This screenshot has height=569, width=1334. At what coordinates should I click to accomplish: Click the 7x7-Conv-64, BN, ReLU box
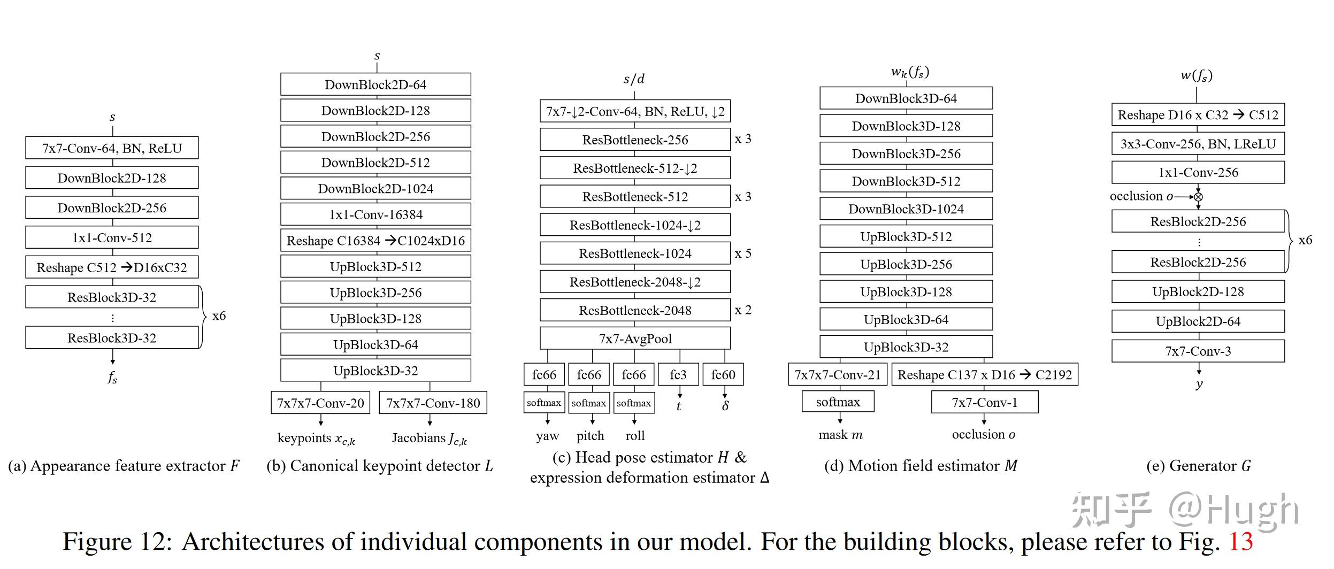[x=112, y=148]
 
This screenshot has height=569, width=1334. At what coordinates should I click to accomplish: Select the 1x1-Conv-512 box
[x=112, y=237]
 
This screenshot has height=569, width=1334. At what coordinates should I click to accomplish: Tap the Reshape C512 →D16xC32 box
[x=112, y=267]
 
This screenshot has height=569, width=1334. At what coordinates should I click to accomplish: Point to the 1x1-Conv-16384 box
[x=375, y=214]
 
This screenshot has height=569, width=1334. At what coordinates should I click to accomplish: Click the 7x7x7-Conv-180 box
[x=433, y=403]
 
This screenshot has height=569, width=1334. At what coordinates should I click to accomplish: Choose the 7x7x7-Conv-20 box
[x=320, y=403]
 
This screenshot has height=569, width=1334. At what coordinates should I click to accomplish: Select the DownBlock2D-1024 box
[x=375, y=188]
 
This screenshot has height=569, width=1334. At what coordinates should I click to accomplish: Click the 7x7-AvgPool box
[x=635, y=339]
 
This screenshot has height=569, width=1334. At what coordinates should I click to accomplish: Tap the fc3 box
[x=678, y=374]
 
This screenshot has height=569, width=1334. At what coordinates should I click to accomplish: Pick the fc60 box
[x=723, y=374]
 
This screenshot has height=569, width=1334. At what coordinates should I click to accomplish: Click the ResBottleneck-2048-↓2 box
[x=635, y=282]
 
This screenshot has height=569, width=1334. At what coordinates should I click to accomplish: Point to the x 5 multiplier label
[x=743, y=253]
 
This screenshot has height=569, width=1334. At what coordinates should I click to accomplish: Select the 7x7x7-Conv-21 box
[x=838, y=374]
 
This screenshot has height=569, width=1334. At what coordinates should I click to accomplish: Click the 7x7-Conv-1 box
[x=984, y=402]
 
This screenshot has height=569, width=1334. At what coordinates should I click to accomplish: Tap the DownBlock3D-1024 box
[x=906, y=209]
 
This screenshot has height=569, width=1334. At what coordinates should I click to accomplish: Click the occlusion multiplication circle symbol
[x=1198, y=197]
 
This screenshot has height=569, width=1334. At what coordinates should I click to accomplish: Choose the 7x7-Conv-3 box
[x=1198, y=351]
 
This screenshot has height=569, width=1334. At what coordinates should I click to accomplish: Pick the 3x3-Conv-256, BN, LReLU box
[x=1198, y=143]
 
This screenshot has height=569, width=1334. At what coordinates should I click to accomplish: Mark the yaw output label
[x=547, y=436]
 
